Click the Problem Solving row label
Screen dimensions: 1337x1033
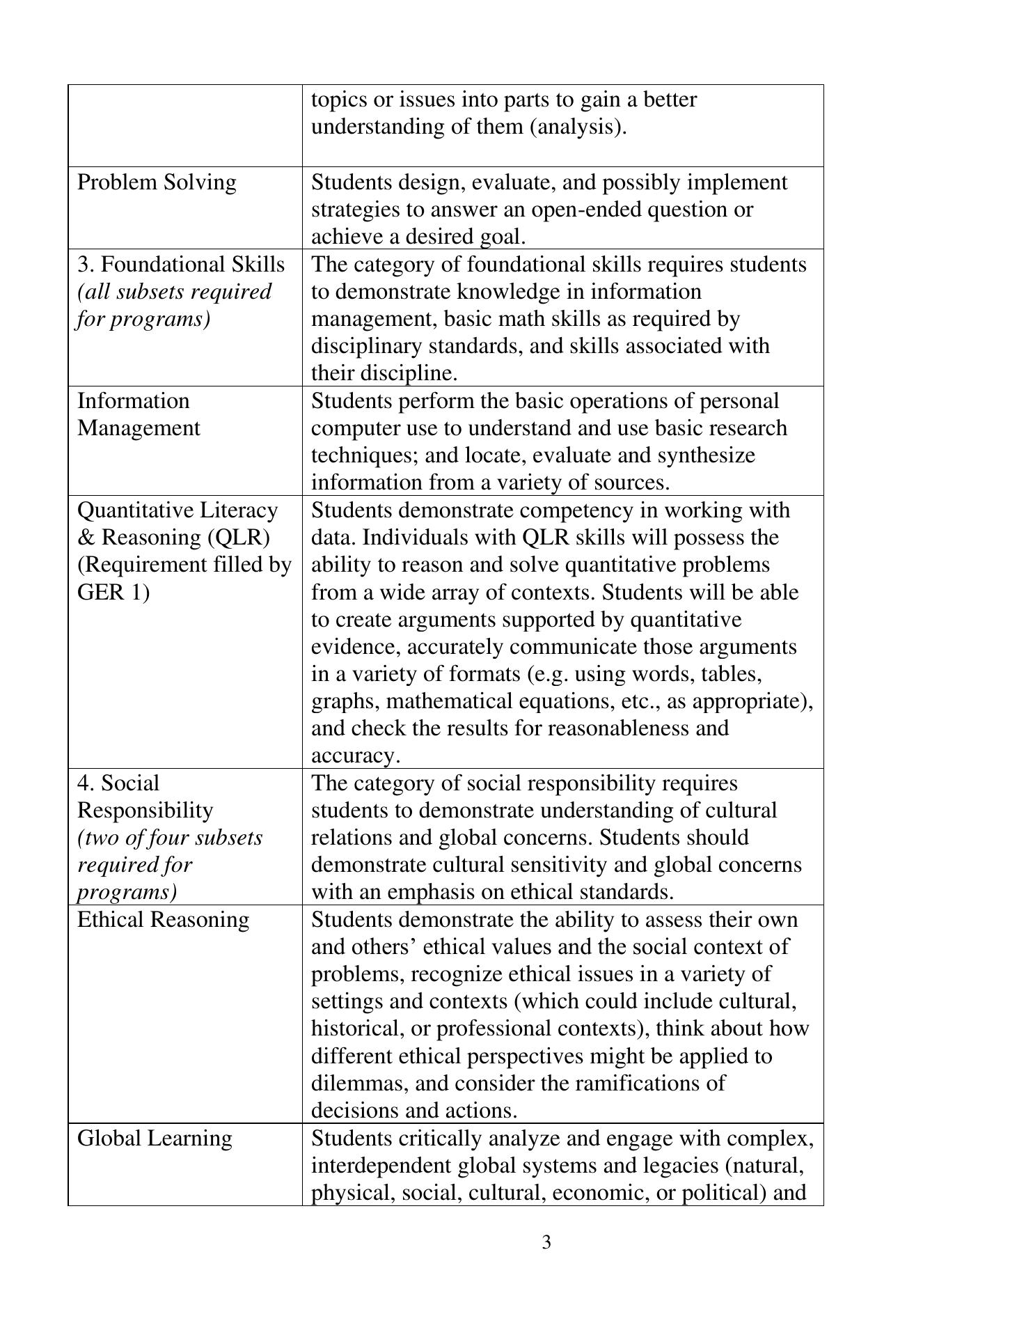157,182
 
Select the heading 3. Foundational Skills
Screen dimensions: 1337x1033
181,265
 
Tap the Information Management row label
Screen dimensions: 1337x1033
138,414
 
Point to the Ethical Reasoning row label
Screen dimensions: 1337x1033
163,920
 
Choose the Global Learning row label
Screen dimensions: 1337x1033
155,1139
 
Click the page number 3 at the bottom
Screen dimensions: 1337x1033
546,1242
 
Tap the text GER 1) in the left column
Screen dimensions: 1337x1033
113,593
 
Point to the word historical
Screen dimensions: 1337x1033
353,1029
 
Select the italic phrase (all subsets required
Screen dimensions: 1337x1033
174,292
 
